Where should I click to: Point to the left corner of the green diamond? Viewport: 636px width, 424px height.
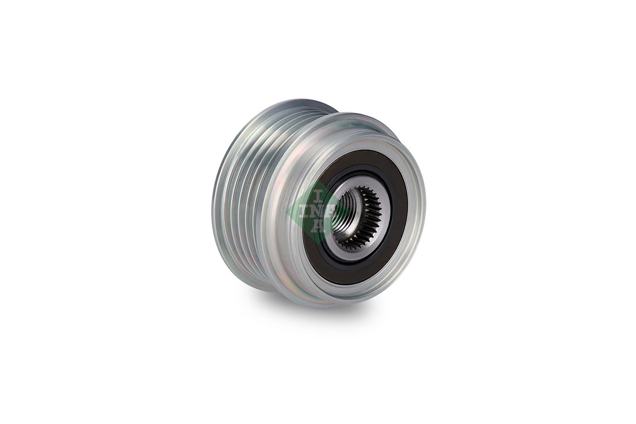(x=287, y=211)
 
